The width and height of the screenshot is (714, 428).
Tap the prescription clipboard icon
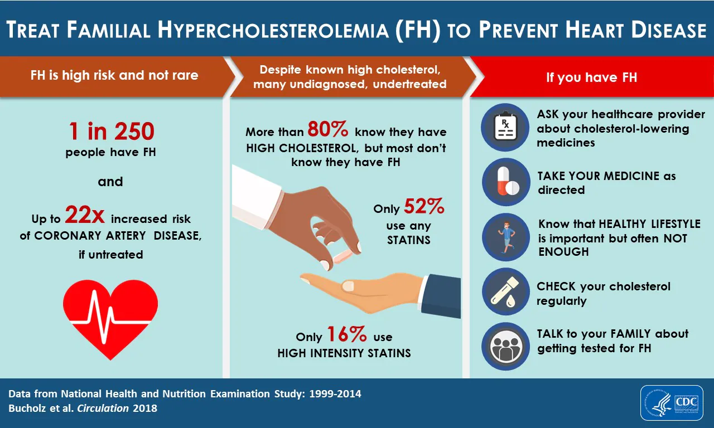(505, 128)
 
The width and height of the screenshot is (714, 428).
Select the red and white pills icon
(505, 182)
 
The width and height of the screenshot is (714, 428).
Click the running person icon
(505, 237)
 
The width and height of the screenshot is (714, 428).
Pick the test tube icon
(505, 292)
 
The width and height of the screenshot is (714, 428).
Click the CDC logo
(673, 402)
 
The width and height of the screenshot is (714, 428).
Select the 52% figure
(424, 207)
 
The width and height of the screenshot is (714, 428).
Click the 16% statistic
(346, 335)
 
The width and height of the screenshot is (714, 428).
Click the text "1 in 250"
(111, 132)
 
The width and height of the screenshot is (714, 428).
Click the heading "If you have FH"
(591, 77)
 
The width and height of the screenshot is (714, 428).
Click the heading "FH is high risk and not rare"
(114, 75)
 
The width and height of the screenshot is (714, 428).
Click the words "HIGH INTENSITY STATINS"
(344, 353)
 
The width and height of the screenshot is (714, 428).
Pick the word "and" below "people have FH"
(110, 182)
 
